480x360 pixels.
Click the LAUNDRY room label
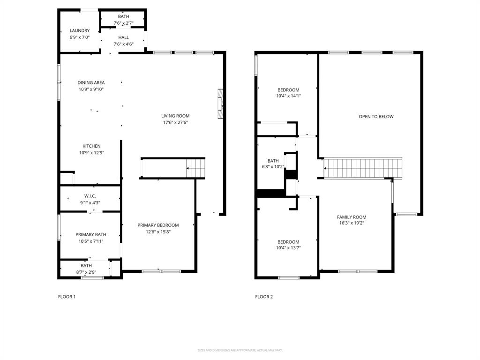pos(79,30)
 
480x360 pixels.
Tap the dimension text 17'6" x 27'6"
pos(175,123)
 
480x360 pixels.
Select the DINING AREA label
pos(91,82)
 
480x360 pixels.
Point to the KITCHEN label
pos(91,146)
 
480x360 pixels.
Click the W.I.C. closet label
pos(90,196)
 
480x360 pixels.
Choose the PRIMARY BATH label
pos(91,234)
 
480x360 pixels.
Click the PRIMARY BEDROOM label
pos(158,225)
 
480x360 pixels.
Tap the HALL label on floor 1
pos(123,37)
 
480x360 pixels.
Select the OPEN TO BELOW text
pos(376,117)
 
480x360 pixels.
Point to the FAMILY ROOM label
pos(352,217)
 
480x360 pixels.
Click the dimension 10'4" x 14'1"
pos(288,96)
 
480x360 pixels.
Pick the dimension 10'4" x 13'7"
pos(288,248)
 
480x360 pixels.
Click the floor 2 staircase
pos(364,168)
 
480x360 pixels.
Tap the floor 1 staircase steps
pos(196,168)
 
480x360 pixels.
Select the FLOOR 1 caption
pos(67,297)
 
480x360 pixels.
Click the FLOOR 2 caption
pos(264,297)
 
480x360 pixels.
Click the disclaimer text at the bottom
pos(240,350)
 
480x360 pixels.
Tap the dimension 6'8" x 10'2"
pos(273,166)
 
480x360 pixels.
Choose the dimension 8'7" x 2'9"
pos(86,271)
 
